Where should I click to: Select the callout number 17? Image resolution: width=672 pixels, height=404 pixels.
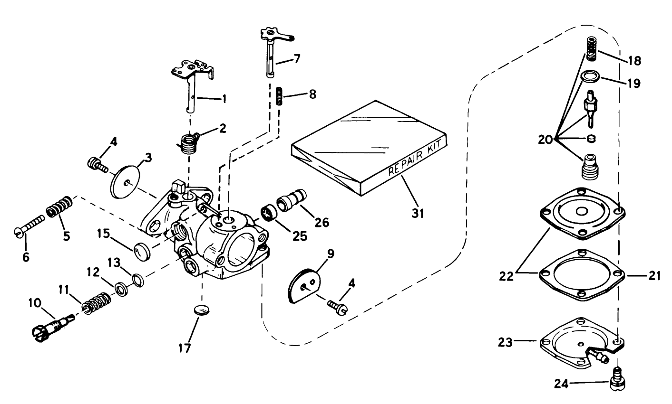point(185,348)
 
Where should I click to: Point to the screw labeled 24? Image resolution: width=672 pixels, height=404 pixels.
point(617,380)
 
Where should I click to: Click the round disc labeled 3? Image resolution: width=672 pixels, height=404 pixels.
point(125,181)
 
